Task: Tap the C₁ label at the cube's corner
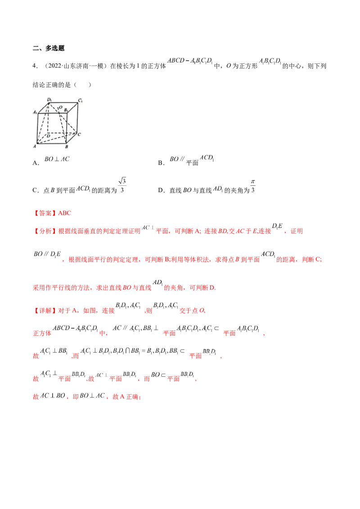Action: [80, 99]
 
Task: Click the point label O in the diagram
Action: [60, 107]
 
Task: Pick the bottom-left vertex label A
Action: [34, 146]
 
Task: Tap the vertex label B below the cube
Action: [67, 147]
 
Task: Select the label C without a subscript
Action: [79, 134]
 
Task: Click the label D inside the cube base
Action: [48, 135]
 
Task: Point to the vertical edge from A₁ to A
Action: [37, 128]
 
